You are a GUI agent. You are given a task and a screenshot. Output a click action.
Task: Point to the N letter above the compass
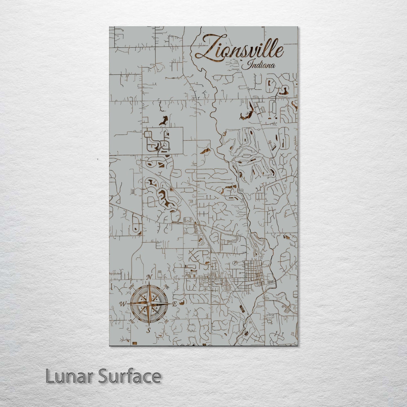click(151, 277)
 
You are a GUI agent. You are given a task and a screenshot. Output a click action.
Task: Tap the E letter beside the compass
click(174, 304)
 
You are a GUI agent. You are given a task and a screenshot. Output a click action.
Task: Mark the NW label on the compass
click(132, 288)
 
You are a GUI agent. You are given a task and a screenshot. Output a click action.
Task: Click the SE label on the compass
click(166, 321)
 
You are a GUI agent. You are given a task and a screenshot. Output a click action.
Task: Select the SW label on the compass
click(131, 321)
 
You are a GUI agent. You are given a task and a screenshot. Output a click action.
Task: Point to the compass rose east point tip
click(171, 304)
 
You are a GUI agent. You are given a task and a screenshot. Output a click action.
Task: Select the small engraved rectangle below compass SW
click(135, 342)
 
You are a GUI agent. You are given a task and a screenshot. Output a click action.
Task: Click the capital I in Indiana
click(248, 65)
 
